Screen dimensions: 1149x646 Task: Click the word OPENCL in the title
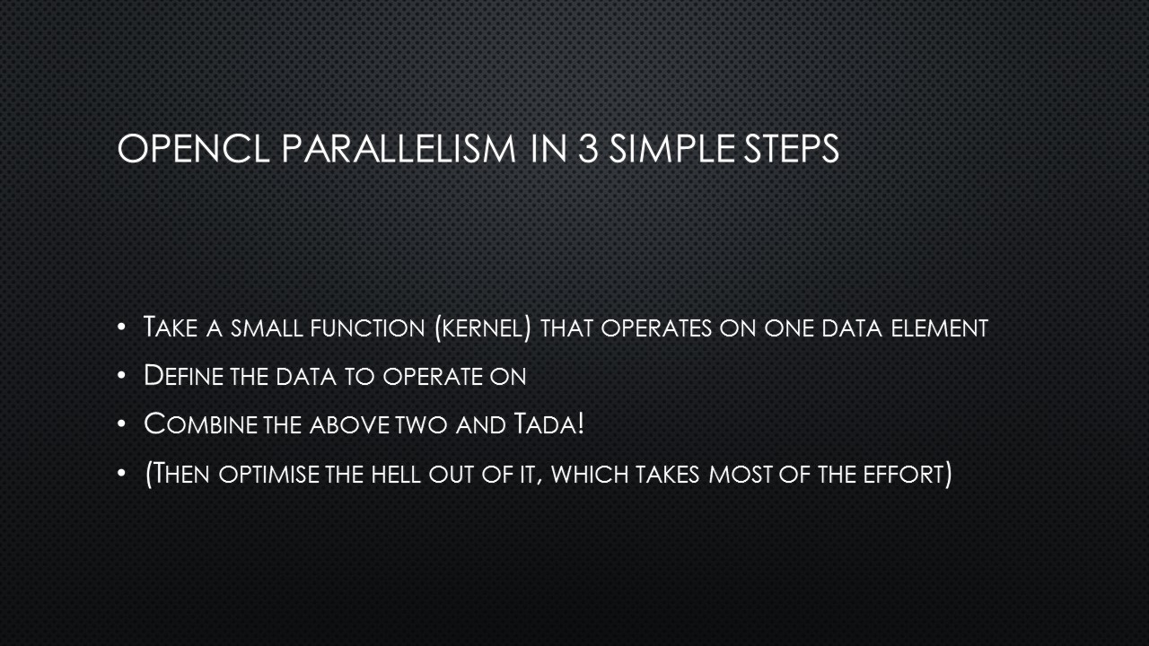193,149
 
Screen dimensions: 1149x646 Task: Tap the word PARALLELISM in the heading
399,149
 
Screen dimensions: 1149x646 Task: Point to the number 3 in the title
588,149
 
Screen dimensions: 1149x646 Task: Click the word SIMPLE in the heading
672,149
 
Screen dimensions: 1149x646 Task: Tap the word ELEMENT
940,328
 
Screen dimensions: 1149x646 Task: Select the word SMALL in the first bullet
267,328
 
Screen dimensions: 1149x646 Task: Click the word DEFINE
183,375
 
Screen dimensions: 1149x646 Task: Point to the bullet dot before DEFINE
121,375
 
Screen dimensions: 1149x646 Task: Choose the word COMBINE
200,424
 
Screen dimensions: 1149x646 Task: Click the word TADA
544,424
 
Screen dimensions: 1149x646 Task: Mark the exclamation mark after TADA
581,424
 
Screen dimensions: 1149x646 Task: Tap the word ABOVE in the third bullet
350,425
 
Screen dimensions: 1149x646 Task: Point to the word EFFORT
903,474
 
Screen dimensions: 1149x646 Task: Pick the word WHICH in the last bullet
590,474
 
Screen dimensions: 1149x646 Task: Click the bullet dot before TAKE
121,327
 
